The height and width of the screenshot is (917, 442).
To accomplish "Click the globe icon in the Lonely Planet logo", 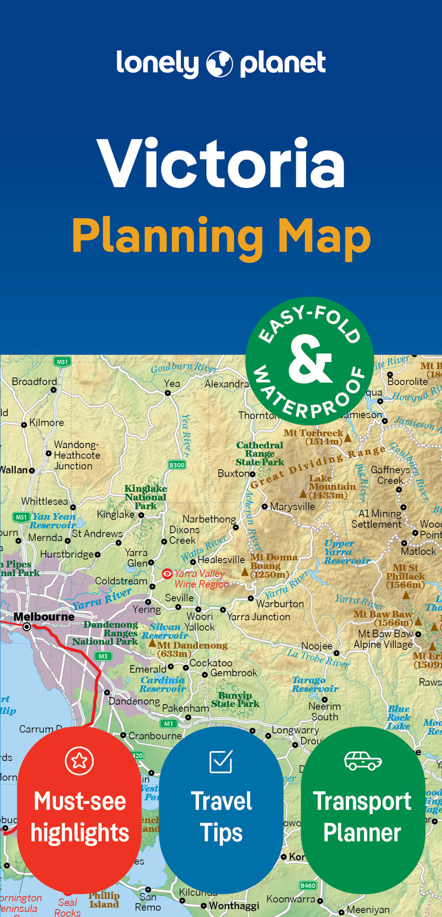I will coord(219,64).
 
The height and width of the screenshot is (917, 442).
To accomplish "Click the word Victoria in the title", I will coord(221,165).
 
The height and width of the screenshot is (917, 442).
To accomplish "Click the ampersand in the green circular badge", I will coord(309,360).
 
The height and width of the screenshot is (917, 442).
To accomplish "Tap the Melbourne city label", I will coord(44,616).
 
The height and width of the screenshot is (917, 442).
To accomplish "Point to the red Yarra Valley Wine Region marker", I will coord(167,574).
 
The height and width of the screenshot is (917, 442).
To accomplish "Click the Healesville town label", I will coord(221,559).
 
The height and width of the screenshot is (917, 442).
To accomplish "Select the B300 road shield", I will coord(177,465).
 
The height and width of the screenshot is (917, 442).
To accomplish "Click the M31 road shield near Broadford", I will coord(62,362).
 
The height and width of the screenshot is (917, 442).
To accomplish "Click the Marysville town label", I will coord(292,506).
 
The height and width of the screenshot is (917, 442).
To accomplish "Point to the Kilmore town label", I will coord(46,422).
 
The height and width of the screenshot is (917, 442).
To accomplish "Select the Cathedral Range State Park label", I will coord(260,453).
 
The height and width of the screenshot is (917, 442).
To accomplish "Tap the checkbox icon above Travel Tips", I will coord(221,761).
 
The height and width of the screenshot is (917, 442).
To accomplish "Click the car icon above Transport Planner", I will coord(362,761).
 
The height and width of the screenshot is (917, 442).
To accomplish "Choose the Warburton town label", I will coord(280,604).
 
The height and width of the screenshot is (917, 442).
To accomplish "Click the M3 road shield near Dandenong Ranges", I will coord(103,656).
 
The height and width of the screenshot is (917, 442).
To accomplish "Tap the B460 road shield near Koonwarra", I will coord(308,885).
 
